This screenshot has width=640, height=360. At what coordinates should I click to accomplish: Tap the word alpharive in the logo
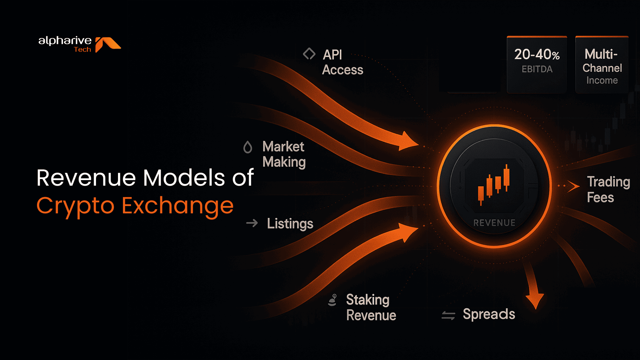tap(65, 41)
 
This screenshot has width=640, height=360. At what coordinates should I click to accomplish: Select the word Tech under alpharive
tap(82, 50)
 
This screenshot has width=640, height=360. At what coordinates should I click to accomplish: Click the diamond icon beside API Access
tap(309, 54)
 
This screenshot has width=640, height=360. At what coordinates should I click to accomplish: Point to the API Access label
tap(342, 62)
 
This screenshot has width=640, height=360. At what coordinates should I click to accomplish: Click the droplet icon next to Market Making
tap(248, 147)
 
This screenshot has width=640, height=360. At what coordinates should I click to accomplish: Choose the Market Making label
tap(284, 154)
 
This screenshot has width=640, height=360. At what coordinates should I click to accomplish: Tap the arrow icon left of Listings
tap(252, 223)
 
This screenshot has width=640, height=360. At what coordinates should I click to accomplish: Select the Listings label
tap(290, 224)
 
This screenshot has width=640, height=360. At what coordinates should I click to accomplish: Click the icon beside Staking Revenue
tap(332, 300)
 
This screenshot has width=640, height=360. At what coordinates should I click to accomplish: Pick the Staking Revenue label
tap(371, 307)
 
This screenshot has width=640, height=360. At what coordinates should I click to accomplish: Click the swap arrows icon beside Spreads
tap(448, 315)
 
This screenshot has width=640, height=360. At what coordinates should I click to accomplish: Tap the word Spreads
tap(489, 314)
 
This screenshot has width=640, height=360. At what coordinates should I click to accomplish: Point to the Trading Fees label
tap(608, 189)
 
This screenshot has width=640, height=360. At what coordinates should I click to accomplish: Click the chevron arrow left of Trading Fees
tap(573, 186)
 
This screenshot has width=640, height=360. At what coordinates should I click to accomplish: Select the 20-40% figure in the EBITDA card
tap(537, 55)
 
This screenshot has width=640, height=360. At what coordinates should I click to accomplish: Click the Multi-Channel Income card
tap(602, 65)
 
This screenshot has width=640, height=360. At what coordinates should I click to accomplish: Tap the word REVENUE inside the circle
tap(494, 223)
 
